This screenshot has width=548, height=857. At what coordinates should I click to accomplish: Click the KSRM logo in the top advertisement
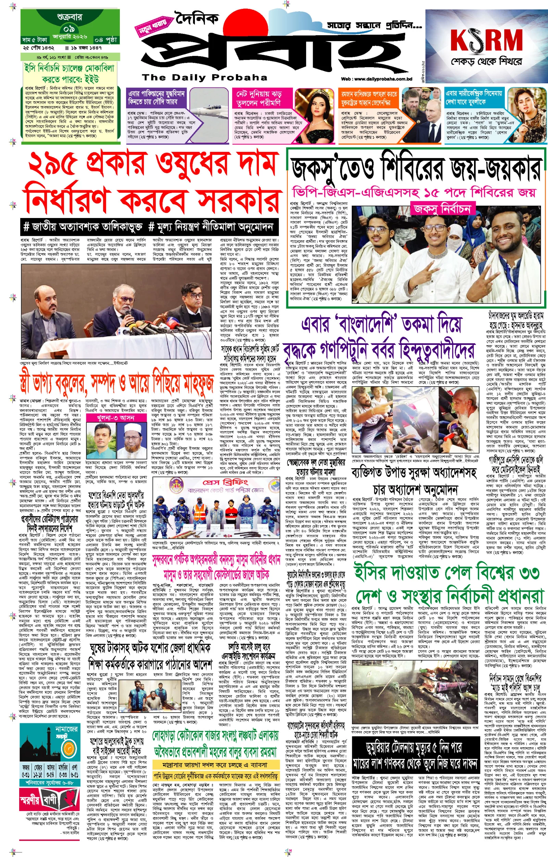(486, 40)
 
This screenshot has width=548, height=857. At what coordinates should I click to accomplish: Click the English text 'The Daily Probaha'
(204, 77)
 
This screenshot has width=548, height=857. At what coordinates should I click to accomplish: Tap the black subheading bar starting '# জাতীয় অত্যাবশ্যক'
(148, 227)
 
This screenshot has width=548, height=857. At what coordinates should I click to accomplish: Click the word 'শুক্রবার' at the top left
(70, 16)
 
